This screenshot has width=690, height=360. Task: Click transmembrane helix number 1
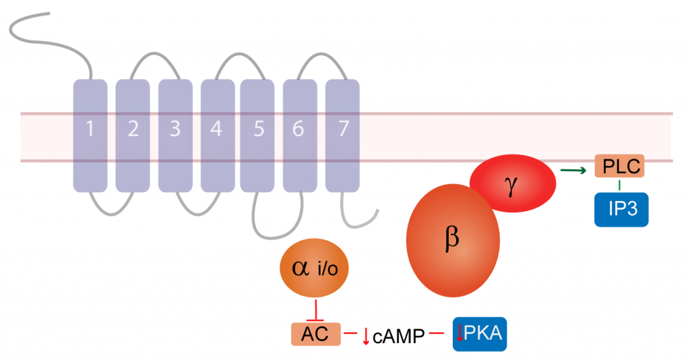(x=90, y=135)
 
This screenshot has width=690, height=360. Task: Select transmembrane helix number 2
(x=133, y=135)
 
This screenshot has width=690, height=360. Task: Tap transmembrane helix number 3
(x=175, y=135)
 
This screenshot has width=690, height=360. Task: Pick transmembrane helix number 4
(x=217, y=135)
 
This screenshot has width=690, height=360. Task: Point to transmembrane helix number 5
(x=258, y=135)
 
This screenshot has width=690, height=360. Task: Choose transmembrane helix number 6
(x=299, y=135)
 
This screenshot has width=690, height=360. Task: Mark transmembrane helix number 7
(x=342, y=135)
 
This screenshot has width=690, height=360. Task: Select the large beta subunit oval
(x=453, y=241)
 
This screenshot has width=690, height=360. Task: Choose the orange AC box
(x=315, y=333)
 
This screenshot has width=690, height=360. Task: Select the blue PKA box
(x=479, y=333)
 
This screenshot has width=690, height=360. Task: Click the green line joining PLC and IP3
(x=621, y=185)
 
